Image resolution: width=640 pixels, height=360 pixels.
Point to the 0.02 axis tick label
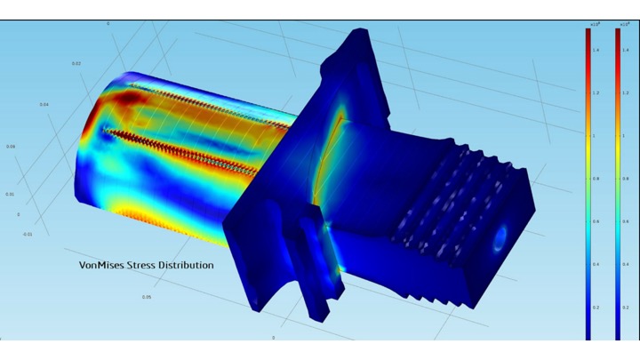point(76,64)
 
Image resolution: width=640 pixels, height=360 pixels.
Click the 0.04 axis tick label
point(44,105)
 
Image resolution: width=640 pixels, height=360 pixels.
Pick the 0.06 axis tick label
point(11,147)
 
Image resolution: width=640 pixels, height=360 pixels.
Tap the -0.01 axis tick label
point(28,235)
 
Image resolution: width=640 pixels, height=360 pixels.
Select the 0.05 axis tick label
point(147,297)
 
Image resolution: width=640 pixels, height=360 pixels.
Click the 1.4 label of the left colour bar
point(596,51)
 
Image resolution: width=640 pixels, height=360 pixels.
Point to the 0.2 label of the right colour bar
point(625,307)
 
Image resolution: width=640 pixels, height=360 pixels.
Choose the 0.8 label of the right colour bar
point(625,179)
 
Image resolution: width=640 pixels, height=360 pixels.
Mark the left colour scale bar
point(588,178)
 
